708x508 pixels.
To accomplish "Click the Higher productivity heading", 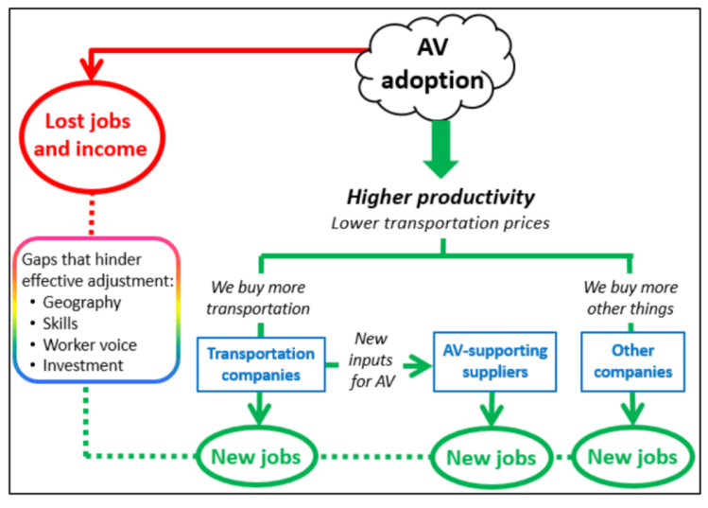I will point(440,197).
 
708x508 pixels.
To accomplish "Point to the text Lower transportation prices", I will point(440,223).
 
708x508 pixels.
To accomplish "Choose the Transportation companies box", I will point(261,364).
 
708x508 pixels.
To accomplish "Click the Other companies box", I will point(632,360).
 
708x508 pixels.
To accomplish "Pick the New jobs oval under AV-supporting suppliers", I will point(492,458).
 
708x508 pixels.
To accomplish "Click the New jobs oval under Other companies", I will point(632,457).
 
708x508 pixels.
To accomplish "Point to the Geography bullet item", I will point(80,303).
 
